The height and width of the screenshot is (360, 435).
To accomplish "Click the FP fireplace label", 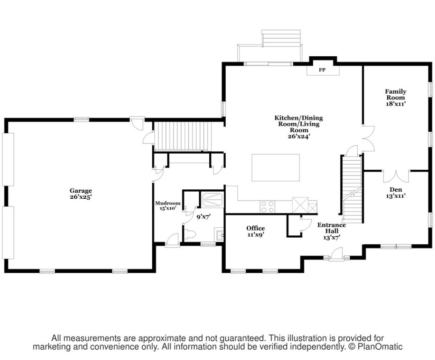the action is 322,70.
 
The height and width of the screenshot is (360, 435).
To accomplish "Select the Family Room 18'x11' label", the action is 396,97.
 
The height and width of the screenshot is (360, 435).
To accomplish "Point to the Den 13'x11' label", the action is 396,193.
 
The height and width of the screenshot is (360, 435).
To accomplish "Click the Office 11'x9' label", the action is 256,231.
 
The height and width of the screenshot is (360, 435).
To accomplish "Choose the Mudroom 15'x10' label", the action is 168,206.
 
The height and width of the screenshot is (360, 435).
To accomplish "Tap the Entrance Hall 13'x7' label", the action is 332,231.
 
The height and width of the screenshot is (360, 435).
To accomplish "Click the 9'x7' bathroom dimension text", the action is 204,217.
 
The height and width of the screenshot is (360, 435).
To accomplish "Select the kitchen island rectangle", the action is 275,167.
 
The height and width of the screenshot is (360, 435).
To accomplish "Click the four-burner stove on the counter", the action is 267,207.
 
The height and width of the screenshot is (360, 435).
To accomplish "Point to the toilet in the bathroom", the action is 190,234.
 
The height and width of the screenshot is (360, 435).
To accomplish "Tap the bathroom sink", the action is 219,235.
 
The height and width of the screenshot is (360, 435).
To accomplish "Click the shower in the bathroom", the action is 212,199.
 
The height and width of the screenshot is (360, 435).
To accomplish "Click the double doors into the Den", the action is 396,176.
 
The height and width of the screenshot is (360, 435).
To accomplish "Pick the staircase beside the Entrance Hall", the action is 352,189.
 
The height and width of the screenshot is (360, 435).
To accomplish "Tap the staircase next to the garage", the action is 181,136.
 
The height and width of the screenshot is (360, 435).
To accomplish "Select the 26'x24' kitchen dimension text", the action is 299,136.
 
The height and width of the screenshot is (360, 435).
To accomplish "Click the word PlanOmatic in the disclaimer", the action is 380,347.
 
